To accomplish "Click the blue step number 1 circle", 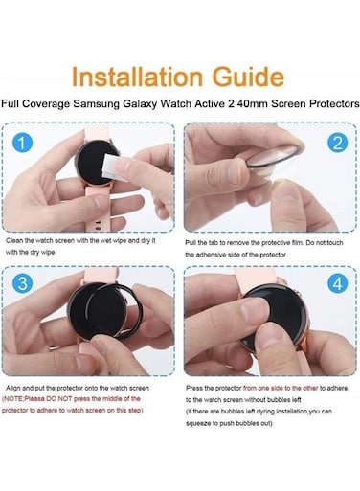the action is click(x=22, y=143).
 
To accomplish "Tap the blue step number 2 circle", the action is click(x=337, y=143).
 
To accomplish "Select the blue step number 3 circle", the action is click(x=22, y=283).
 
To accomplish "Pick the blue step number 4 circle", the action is click(x=337, y=283).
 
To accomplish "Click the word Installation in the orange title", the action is click(x=138, y=77).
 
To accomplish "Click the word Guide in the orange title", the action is click(x=248, y=77).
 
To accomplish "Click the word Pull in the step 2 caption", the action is click(x=191, y=243).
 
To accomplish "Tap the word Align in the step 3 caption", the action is click(x=13, y=389).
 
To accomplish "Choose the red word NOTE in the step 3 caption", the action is click(x=13, y=399).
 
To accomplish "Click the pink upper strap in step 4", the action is click(x=255, y=277).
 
